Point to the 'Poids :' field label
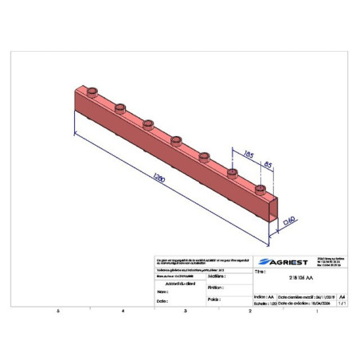click(x=213, y=299)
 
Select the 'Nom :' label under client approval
click(x=163, y=292)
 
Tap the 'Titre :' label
click(x=260, y=272)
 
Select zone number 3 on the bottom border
click(x=185, y=311)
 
